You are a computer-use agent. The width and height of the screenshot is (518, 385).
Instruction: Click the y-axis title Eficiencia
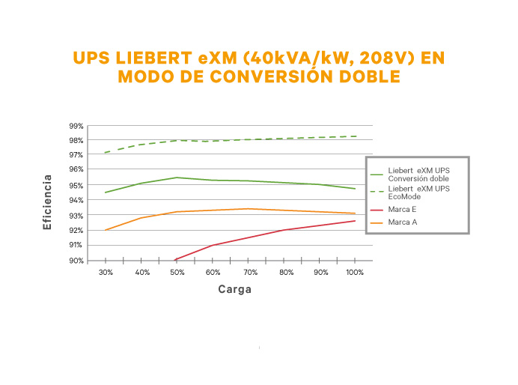tap(48, 201)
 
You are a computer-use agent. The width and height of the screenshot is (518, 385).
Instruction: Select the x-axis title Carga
tap(234, 289)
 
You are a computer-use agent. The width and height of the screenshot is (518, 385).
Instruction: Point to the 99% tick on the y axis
tap(76, 126)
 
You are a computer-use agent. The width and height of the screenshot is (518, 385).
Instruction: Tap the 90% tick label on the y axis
tap(76, 261)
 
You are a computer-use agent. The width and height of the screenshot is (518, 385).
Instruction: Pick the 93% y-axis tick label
tap(76, 215)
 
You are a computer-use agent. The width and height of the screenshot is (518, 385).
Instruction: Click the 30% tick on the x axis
tap(106, 273)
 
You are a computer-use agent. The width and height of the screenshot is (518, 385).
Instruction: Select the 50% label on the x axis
tap(177, 273)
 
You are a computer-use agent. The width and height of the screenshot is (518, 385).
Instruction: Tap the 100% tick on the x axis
tap(355, 273)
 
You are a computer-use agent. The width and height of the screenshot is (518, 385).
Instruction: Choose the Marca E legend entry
tap(402, 208)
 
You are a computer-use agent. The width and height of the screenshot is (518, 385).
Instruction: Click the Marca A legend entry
tap(402, 222)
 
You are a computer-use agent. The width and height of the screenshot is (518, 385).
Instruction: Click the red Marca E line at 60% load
tap(213, 245)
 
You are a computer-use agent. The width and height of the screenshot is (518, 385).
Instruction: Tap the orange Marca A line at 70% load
tap(249, 209)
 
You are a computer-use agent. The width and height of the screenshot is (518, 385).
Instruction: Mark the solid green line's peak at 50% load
tap(177, 178)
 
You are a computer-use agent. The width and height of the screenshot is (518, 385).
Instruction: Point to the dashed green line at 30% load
tap(106, 153)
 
